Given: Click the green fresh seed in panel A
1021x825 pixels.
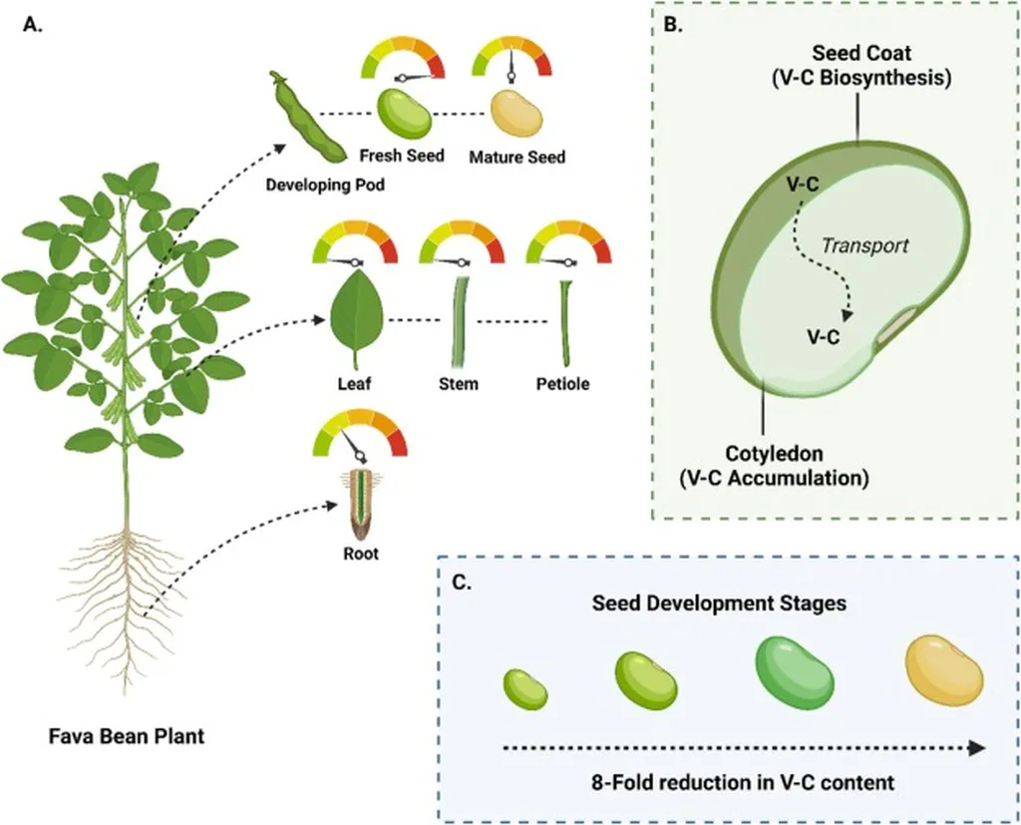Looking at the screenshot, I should pos(403,115).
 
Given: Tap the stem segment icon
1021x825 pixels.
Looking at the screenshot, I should pos(460,321).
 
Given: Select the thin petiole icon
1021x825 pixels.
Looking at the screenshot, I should pos(564,321).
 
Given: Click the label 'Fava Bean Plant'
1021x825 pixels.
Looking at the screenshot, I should pos(127,738).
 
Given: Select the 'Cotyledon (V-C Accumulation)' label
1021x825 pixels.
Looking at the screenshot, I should pos(774,465).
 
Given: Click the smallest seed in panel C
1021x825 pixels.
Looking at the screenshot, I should pos(524,688).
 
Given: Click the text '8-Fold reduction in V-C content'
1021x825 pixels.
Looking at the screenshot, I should pos(740,782).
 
